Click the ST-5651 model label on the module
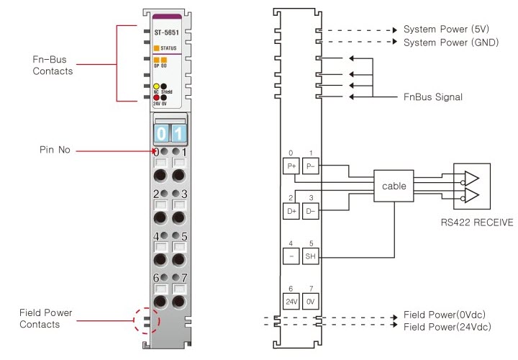(x=167, y=32)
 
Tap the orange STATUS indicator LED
(x=157, y=48)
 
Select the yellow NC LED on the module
(x=156, y=86)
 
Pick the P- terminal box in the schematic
(x=311, y=166)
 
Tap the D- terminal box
(x=311, y=211)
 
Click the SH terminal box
(x=311, y=256)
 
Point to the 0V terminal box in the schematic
(x=311, y=301)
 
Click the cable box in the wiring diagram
(x=394, y=186)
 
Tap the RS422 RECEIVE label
(x=477, y=222)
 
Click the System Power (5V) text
(x=446, y=30)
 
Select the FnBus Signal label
(x=432, y=96)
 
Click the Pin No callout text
(x=54, y=150)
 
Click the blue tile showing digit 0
(x=162, y=133)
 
